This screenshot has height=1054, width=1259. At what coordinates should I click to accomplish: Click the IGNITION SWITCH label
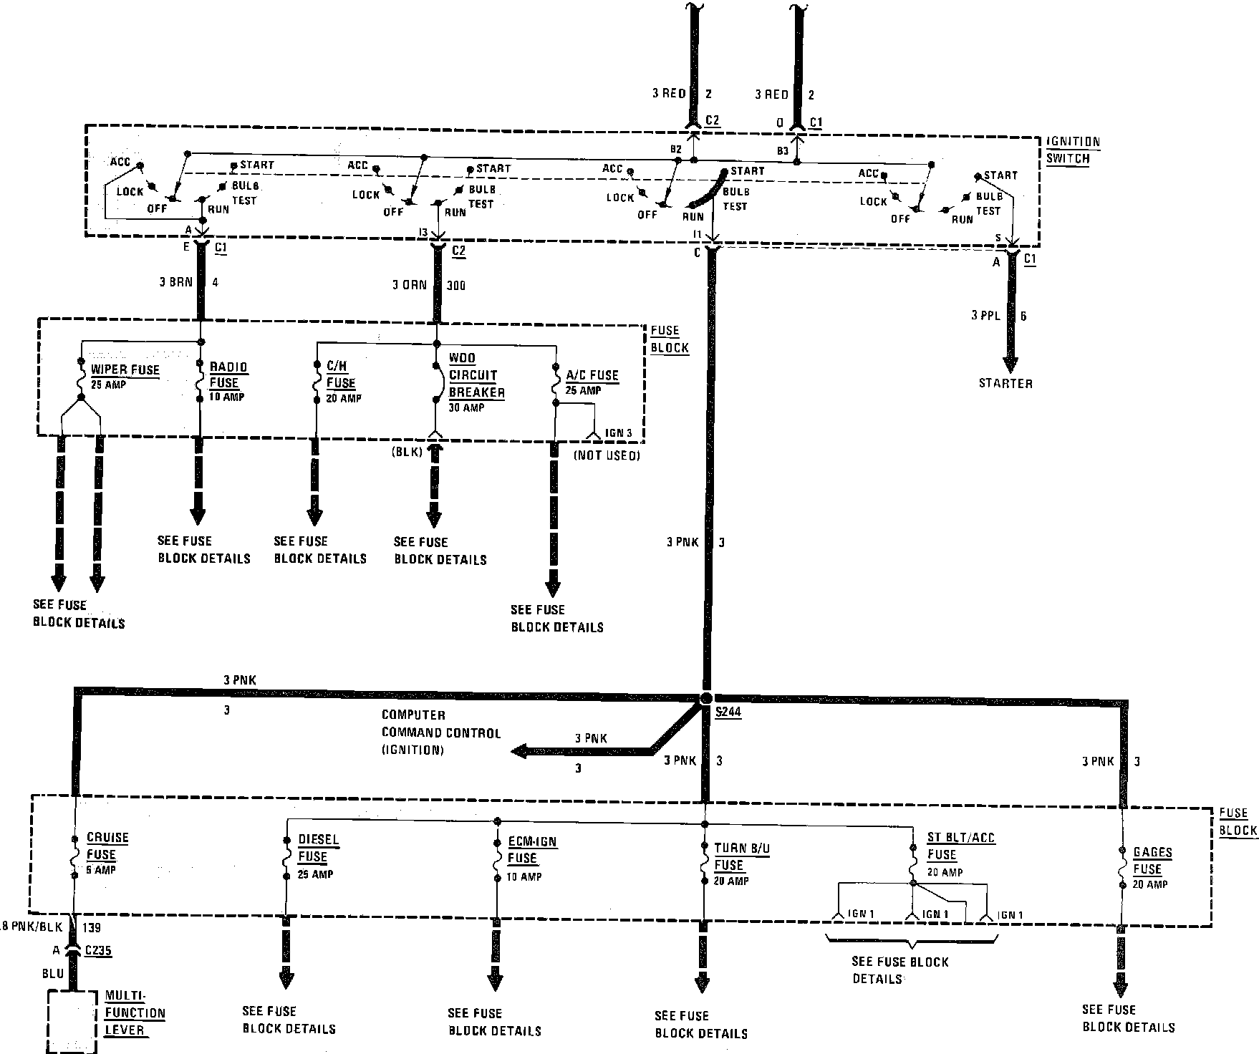click(x=1072, y=150)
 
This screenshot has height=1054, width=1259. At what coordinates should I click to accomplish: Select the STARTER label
click(x=1005, y=384)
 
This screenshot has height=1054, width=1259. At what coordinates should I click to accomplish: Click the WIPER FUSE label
click(x=125, y=370)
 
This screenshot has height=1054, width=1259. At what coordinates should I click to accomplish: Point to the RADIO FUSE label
click(x=228, y=374)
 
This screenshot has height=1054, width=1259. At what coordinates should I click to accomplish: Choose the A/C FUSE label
click(x=592, y=375)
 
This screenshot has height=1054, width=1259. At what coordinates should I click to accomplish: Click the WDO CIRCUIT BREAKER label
click(x=476, y=375)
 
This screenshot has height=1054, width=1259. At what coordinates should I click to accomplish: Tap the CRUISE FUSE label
click(x=107, y=846)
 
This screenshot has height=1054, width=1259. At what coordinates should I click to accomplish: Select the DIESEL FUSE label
click(x=318, y=848)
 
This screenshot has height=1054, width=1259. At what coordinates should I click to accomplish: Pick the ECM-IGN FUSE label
click(x=531, y=850)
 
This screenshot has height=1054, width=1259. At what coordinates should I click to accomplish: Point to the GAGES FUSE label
click(x=1152, y=861)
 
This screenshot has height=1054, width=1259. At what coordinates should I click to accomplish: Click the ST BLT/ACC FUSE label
click(x=960, y=846)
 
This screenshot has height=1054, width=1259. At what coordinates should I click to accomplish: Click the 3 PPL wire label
click(x=985, y=316)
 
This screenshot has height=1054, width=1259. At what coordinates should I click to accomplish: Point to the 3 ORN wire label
click(x=409, y=285)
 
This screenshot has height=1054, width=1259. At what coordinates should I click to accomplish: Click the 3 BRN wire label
click(x=175, y=282)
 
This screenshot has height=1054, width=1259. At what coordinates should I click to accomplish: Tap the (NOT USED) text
click(x=606, y=455)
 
